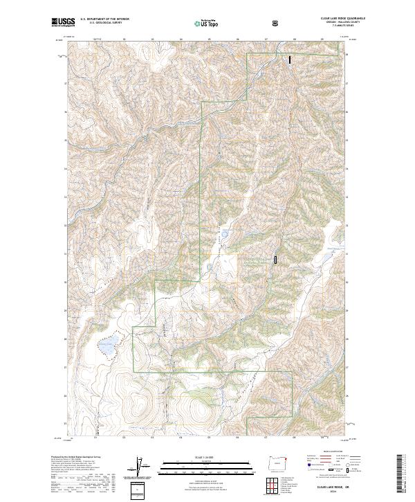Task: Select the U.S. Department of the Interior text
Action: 104,19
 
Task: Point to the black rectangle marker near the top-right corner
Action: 290,60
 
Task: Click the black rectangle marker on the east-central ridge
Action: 276,260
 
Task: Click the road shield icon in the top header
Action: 277,23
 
